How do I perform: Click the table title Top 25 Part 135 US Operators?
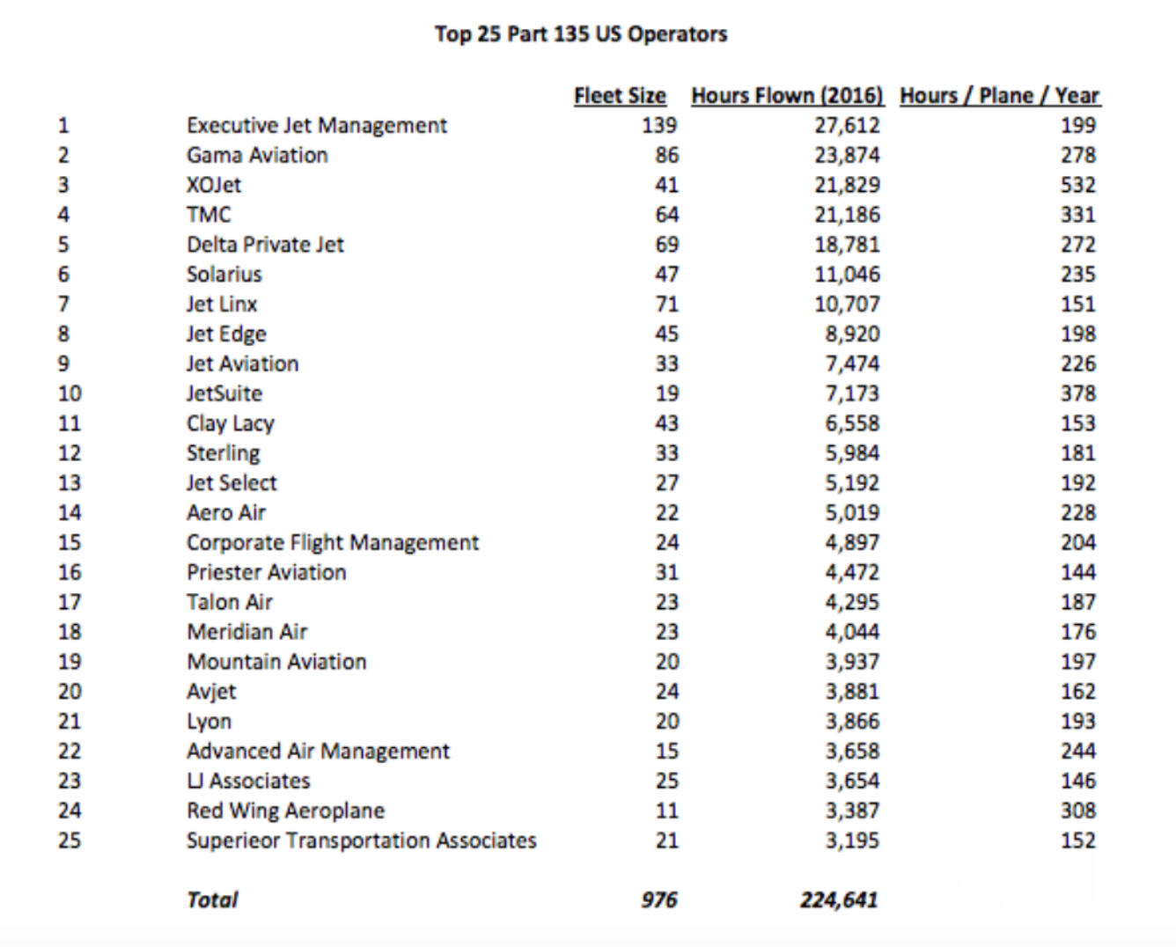pos(581,34)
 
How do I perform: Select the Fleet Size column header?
pos(620,96)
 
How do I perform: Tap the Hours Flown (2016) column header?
pos(787,96)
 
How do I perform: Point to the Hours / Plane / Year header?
pos(1000,96)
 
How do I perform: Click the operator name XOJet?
pos(214,185)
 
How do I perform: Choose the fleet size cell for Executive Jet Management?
pos(659,125)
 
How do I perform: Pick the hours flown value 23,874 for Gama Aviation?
pos(847,155)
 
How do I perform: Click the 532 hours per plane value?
pos(1077,185)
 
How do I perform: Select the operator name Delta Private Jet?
pos(265,245)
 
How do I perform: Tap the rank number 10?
pos(70,393)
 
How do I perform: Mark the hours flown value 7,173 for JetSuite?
pos(851,393)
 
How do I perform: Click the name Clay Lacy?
pos(231,423)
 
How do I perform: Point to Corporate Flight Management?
pos(333,542)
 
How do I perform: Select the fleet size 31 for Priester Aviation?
pos(666,572)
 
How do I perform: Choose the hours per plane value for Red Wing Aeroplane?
pos(1077,811)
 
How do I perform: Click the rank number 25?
pos(70,841)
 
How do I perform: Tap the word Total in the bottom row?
pos(212,899)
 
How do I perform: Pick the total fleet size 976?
pos(659,899)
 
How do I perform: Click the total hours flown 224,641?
pos(839,899)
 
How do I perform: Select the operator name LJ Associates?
pos(248,781)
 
